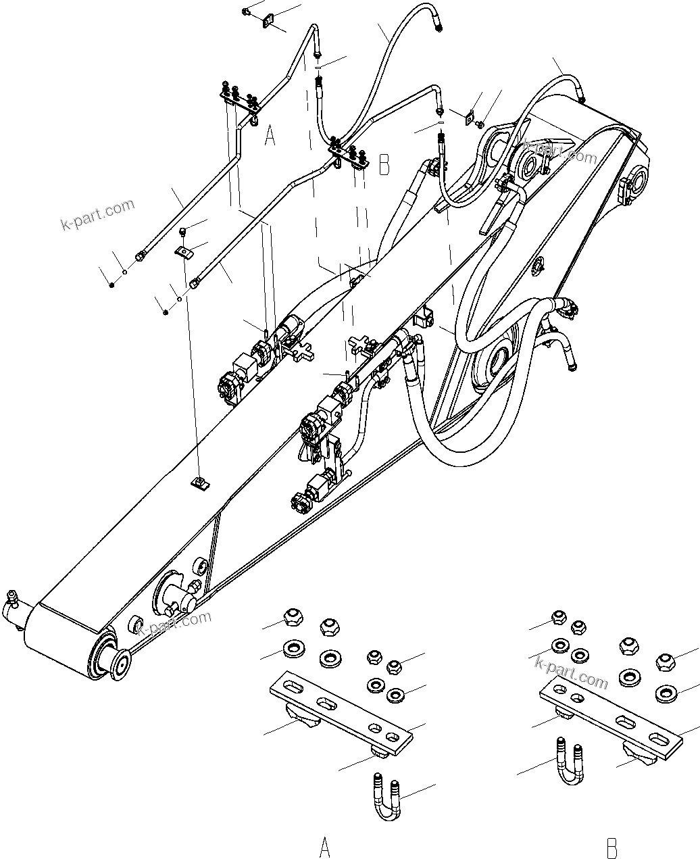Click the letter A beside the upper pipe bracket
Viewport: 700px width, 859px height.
coord(270,137)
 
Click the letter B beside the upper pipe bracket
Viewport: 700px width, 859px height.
coord(384,164)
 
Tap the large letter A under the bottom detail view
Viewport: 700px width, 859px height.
coord(325,846)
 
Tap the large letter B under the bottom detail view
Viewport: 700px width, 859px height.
coord(612,847)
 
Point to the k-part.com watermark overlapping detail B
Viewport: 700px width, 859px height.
coord(571,672)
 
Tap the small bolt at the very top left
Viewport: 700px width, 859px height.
coord(248,11)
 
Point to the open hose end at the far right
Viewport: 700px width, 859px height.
coord(574,368)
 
